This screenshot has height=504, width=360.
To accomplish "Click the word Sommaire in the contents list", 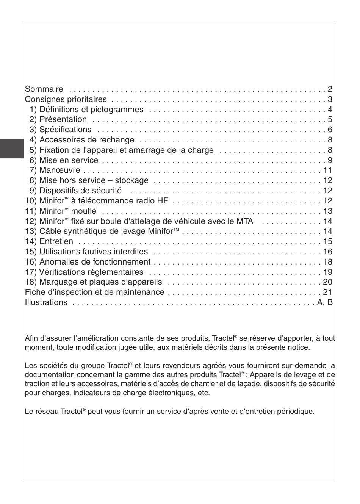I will pyautogui.click(x=44, y=89).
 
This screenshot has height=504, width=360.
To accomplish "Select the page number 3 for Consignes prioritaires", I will pyautogui.click(x=330, y=99).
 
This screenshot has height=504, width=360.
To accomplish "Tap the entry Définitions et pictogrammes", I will pyautogui.click(x=91, y=110).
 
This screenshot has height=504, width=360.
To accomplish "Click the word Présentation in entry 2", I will pyautogui.click(x=63, y=119).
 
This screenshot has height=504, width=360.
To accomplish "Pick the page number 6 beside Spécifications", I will pyautogui.click(x=330, y=130).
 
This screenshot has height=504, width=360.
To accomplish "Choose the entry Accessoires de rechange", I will pyautogui.click(x=87, y=140).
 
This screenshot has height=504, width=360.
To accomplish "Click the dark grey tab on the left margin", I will pyautogui.click(x=12, y=149).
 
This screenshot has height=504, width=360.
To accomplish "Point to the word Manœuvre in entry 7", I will pyautogui.click(x=60, y=171).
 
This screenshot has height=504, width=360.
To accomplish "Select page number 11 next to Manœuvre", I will pyautogui.click(x=328, y=170).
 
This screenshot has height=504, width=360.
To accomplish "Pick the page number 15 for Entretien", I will pyautogui.click(x=328, y=241).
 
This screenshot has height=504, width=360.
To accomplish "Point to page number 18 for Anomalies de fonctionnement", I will pyautogui.click(x=328, y=262).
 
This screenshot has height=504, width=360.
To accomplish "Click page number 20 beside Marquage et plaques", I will pyautogui.click(x=328, y=282).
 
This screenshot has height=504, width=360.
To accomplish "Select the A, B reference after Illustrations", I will pyautogui.click(x=325, y=302).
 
